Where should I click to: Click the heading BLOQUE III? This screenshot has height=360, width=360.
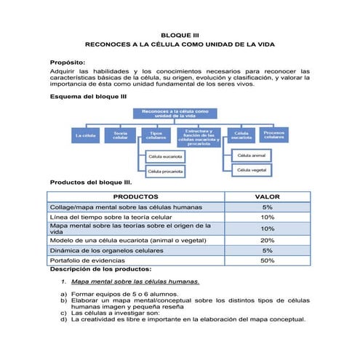179,34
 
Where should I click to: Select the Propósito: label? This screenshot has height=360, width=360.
66,63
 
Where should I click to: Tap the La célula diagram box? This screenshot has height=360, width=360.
85,135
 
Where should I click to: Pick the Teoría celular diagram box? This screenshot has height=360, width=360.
121,135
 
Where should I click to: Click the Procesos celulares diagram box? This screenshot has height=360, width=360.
274,135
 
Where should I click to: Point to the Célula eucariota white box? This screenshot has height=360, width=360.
165,156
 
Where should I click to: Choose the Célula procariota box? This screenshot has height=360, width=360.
165,171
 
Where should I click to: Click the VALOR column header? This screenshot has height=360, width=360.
267,196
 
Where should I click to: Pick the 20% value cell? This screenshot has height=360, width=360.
267,240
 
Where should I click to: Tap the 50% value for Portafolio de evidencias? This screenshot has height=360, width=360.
267,260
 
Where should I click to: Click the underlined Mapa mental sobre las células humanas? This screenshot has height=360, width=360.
135,281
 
